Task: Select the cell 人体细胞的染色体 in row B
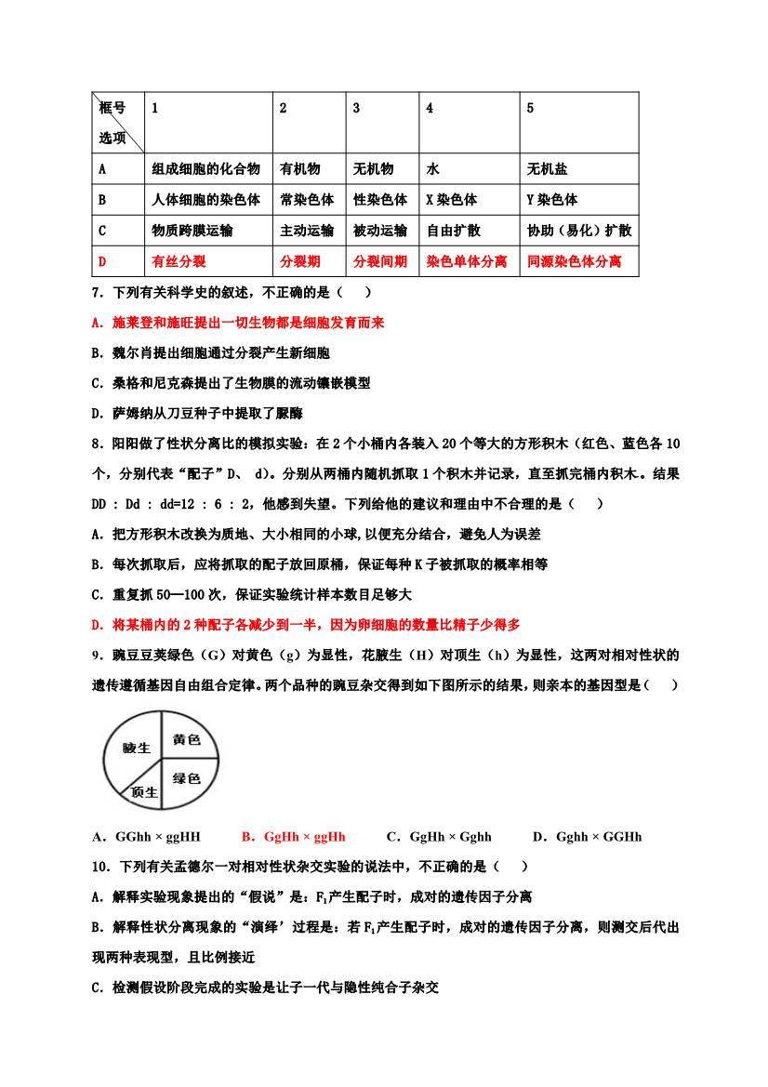tap(205, 200)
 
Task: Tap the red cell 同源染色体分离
tap(574, 262)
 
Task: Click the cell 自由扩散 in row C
tap(453, 231)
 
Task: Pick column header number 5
tap(530, 108)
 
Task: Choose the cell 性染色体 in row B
tap(380, 200)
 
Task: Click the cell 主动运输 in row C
tap(307, 231)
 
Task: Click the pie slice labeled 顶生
tap(145, 792)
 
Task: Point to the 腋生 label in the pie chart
tap(137, 748)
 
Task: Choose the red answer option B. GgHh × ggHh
tap(293, 837)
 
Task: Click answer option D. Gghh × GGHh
tap(587, 837)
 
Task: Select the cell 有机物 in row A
tap(300, 169)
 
